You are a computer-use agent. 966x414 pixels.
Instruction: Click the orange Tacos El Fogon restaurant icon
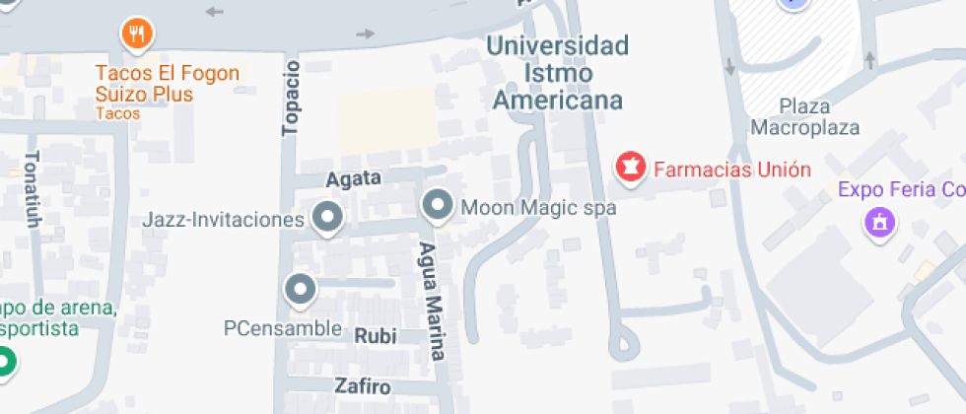137,35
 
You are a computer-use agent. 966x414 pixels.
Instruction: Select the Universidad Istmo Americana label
558,73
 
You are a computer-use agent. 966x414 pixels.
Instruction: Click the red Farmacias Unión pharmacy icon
628,168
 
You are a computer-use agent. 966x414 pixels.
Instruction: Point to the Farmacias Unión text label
732,170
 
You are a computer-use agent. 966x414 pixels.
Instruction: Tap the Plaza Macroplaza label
804,116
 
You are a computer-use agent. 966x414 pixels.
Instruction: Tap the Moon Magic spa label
538,208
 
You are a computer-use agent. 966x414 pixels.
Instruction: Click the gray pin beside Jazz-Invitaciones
326,217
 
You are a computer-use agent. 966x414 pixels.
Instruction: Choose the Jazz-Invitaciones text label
223,219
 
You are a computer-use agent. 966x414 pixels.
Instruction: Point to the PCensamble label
283,327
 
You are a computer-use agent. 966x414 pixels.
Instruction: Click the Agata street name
353,179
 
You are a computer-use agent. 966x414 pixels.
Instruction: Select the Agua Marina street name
431,302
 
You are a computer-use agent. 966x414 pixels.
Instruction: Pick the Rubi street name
375,336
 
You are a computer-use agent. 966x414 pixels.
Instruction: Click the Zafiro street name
362,386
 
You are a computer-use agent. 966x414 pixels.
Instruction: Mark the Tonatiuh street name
33,189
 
